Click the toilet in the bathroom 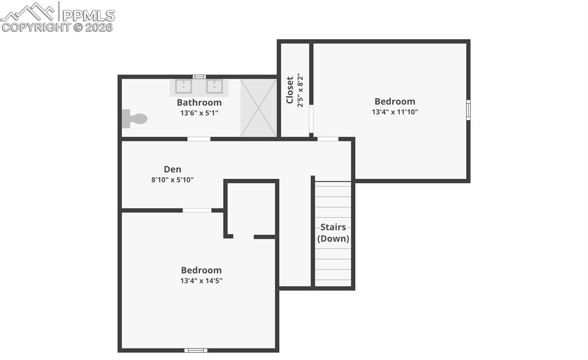(x=135, y=119)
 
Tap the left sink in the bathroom (x=183, y=87)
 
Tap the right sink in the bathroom (x=214, y=87)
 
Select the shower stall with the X (x=258, y=108)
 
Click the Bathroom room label (x=199, y=102)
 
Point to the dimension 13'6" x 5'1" (x=199, y=113)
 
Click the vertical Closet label (x=290, y=90)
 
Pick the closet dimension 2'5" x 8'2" (x=300, y=90)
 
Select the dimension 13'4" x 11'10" (x=395, y=112)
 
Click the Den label (x=172, y=169)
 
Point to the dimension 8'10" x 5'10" (x=172, y=180)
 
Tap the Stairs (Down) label (x=333, y=233)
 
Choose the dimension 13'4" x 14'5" (x=201, y=281)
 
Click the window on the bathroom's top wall (x=199, y=76)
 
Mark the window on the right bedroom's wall (x=468, y=110)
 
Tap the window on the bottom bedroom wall (x=195, y=350)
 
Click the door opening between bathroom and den (x=199, y=139)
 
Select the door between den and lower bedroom (x=197, y=210)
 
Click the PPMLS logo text (x=88, y=15)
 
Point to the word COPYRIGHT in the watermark (x=36, y=27)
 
